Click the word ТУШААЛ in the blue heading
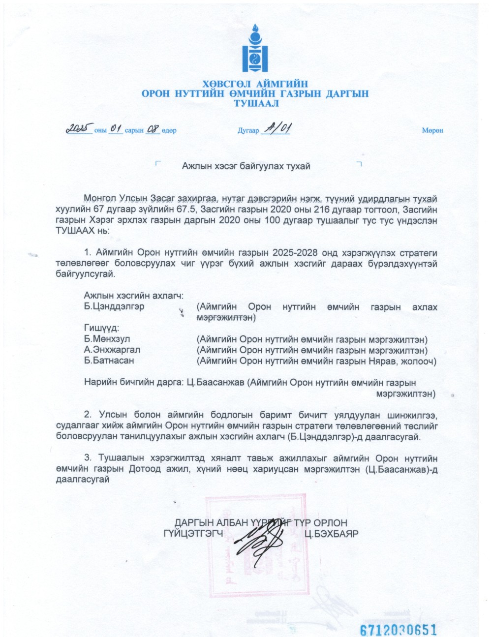pos(255,103)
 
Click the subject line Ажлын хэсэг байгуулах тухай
pos(246,166)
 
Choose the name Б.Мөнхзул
pos(107,339)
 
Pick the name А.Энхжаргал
pos(112,350)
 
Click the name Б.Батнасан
pos(109,361)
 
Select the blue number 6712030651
pos(399,630)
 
